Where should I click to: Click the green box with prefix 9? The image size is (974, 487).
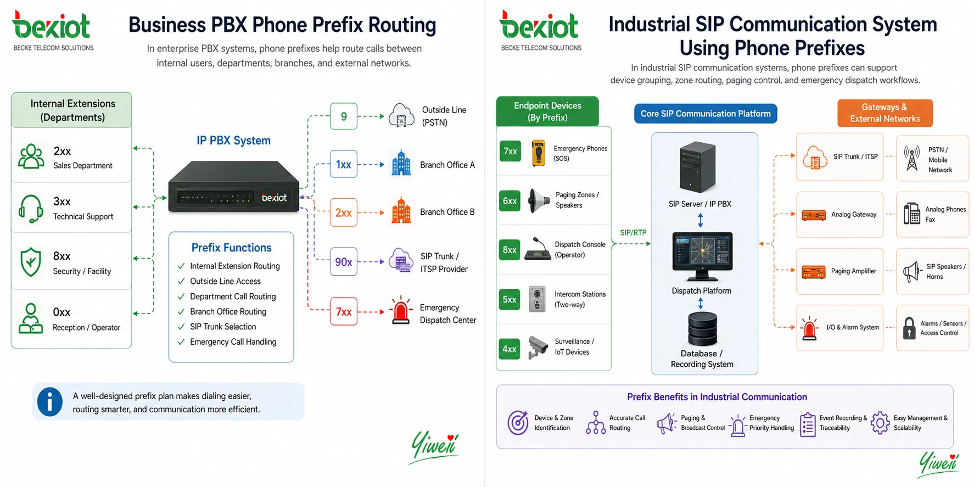coord(344,116)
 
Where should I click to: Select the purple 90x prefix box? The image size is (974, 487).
coord(344,262)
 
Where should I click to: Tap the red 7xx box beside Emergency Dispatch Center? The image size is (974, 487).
coord(344,312)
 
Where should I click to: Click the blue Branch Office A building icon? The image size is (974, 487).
coord(401,163)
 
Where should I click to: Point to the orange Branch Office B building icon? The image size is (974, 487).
coord(401,211)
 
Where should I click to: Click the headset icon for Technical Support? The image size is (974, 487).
coord(31,208)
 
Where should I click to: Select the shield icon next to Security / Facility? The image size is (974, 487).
coord(31,262)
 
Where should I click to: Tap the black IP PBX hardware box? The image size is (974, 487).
coord(233,187)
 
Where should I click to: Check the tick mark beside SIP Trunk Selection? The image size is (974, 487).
coord(181,327)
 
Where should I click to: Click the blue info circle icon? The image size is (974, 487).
coord(50,402)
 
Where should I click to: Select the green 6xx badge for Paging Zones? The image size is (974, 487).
coord(510,201)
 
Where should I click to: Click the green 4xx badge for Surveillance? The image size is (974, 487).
coord(510,349)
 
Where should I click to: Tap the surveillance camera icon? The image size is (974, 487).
coord(538,346)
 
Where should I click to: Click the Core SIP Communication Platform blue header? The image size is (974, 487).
coord(706,114)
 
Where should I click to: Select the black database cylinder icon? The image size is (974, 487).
coord(702,328)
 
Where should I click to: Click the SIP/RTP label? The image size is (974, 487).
coord(633,233)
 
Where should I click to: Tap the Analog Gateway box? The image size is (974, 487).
coord(839,215)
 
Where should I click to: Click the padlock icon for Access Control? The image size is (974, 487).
coord(909,328)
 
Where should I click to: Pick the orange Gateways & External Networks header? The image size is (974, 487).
coord(885,113)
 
